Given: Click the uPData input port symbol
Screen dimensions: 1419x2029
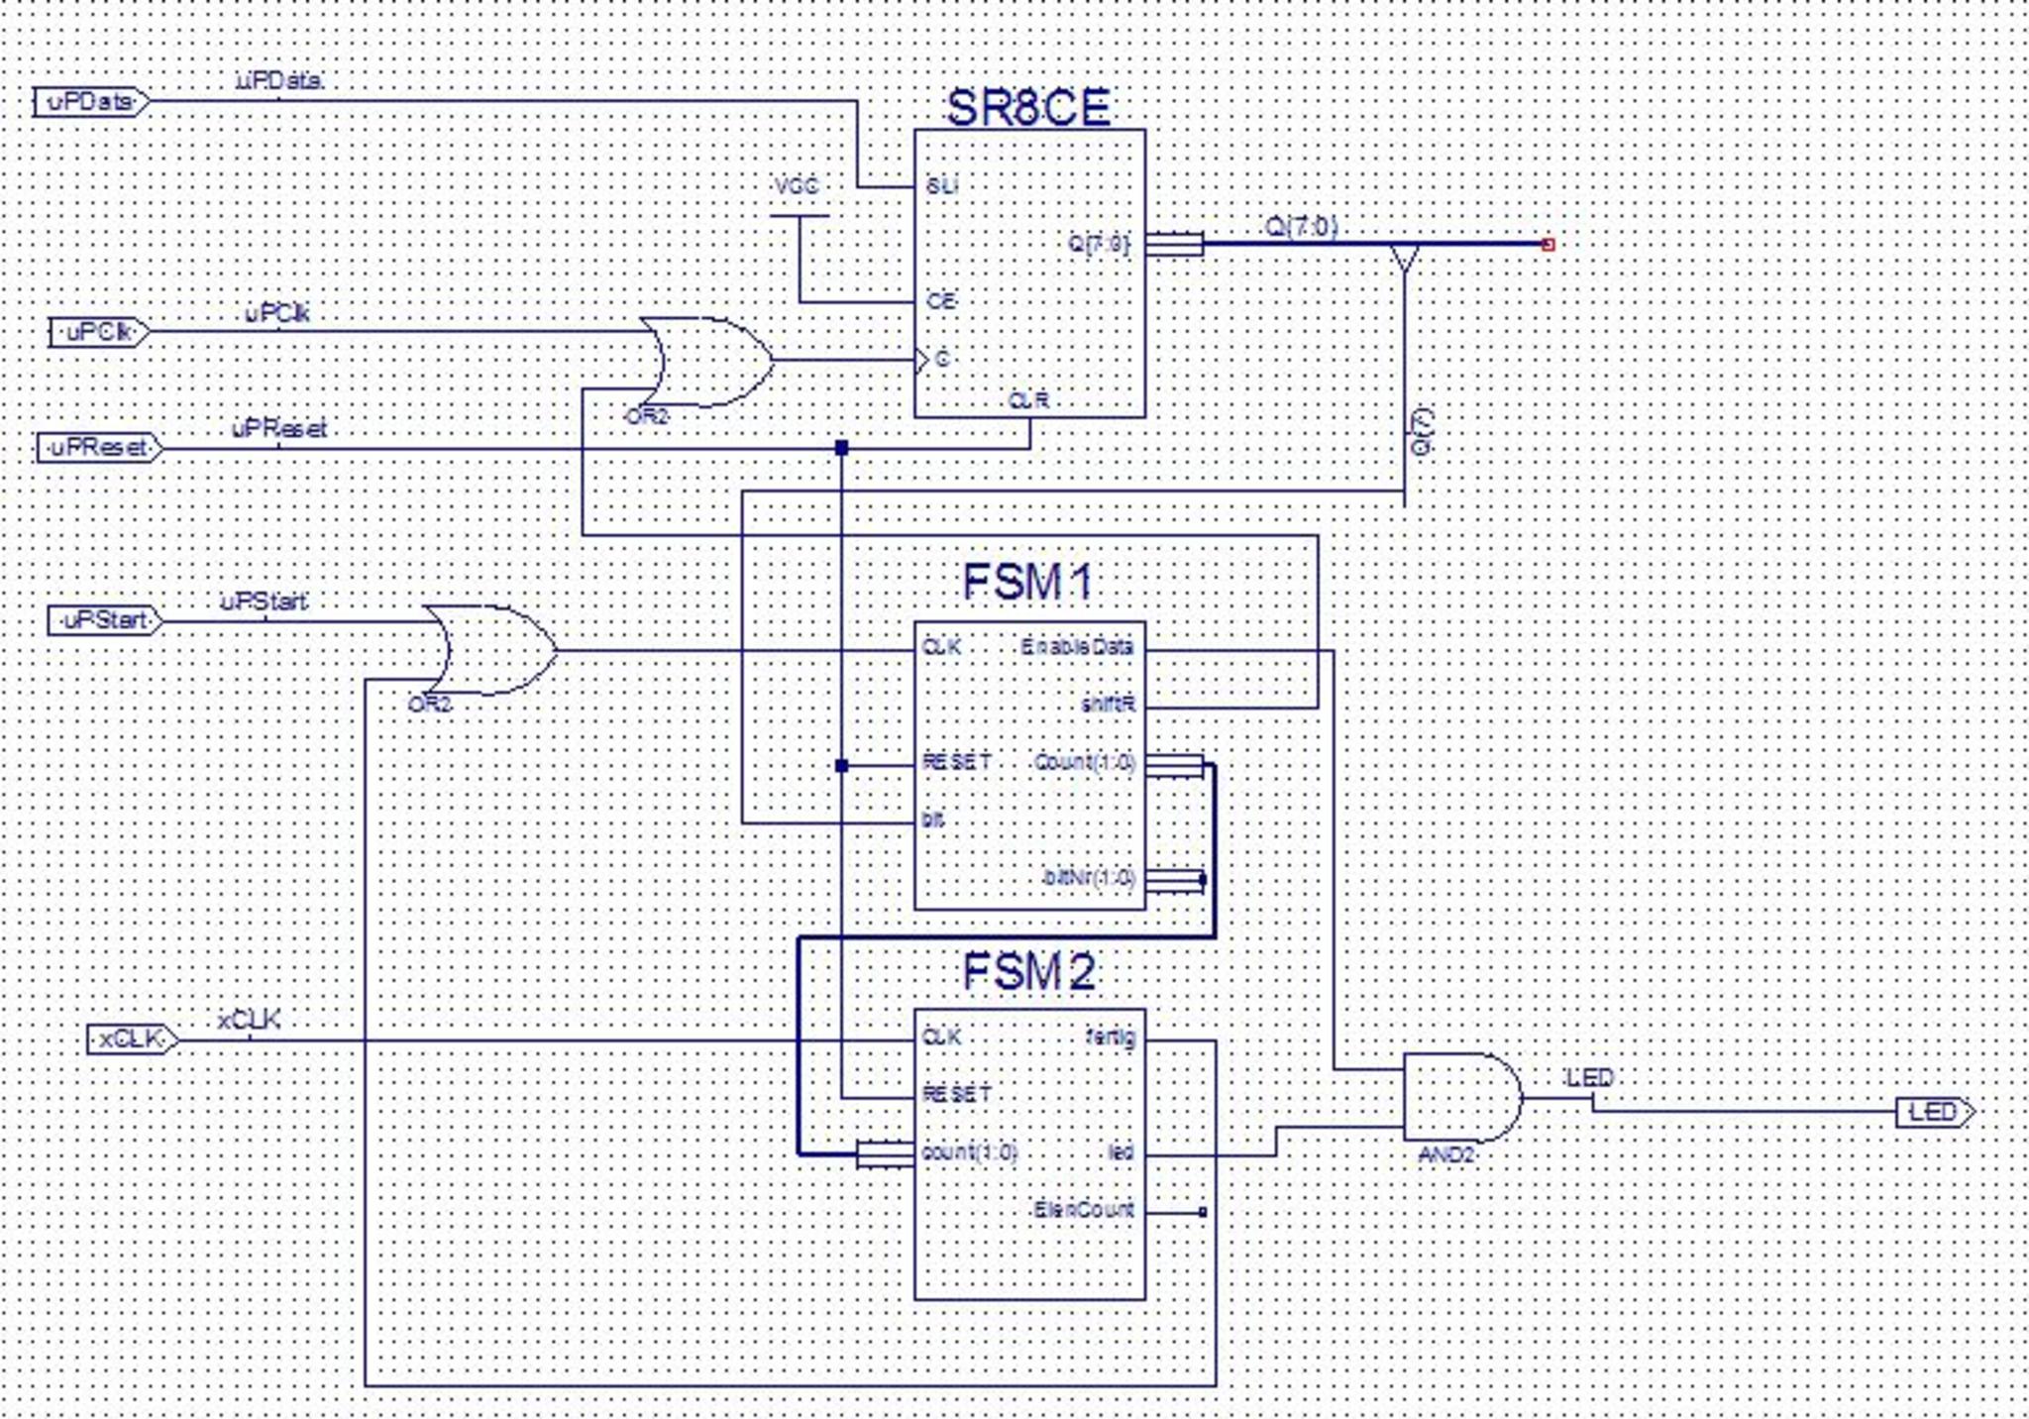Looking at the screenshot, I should (x=90, y=102).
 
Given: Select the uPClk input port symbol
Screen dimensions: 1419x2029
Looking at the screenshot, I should (x=99, y=332).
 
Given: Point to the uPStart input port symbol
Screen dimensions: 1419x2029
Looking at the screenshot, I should (x=105, y=621).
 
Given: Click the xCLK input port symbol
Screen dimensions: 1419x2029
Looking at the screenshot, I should (x=132, y=1039).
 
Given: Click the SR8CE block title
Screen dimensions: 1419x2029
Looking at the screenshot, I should (x=1028, y=107).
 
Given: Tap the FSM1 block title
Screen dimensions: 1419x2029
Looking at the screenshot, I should (x=1027, y=582).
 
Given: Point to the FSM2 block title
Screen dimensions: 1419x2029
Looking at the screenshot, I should (x=1028, y=972).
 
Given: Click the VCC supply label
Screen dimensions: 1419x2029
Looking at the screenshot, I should (x=797, y=186).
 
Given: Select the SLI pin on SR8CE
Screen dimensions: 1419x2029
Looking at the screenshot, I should (x=941, y=186).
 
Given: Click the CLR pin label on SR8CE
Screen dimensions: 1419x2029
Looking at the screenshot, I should (x=1028, y=400).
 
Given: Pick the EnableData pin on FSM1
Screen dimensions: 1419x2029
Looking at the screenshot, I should (x=1077, y=648).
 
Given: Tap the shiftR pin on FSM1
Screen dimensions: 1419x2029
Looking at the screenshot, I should (x=1108, y=705).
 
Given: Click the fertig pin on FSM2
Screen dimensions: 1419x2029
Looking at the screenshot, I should (x=1111, y=1038).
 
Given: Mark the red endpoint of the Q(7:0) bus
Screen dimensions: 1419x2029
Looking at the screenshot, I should (x=1548, y=244).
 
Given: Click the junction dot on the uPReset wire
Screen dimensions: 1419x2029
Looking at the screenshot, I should (x=841, y=448).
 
